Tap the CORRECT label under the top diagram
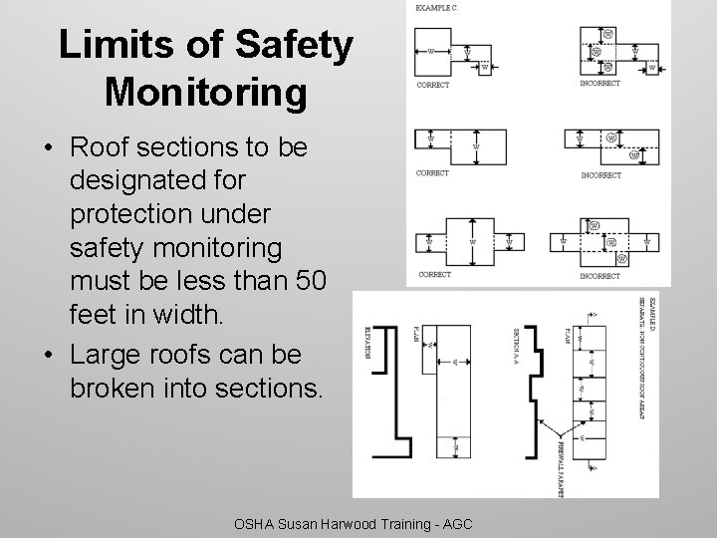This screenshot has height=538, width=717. click(x=433, y=85)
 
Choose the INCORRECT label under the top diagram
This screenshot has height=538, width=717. click(x=599, y=84)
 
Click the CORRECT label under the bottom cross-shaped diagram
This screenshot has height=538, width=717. click(x=434, y=274)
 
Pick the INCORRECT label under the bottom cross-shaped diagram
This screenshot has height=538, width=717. click(x=599, y=275)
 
